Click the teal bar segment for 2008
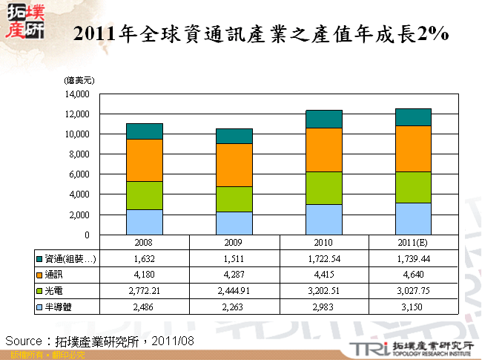click(x=145, y=131)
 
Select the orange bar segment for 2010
click(x=324, y=150)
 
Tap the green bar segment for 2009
click(x=234, y=199)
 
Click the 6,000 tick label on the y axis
click(x=79, y=174)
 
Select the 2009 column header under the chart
click(x=234, y=243)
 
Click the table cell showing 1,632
click(x=145, y=259)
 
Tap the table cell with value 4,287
click(x=234, y=275)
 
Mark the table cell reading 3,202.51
click(x=324, y=290)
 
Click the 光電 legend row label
click(x=54, y=290)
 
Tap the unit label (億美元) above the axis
click(x=79, y=79)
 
